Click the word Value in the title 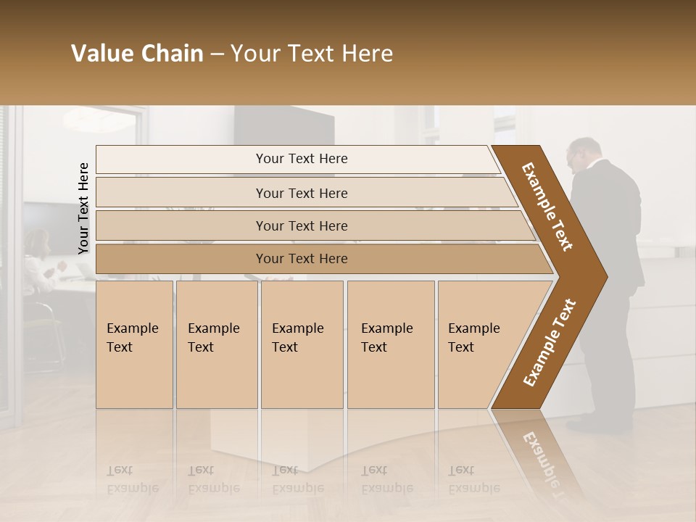click(x=101, y=54)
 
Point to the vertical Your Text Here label click(x=83, y=208)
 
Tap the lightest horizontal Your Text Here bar click(x=301, y=159)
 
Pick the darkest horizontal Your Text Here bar click(x=301, y=259)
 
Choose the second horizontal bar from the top click(x=301, y=193)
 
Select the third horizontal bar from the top click(x=301, y=225)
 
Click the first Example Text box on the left click(x=134, y=344)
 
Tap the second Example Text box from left click(x=216, y=344)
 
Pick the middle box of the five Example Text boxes click(x=301, y=344)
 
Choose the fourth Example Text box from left click(x=390, y=344)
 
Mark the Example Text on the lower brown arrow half click(x=550, y=343)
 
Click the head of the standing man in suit click(x=584, y=153)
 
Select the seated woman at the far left click(x=36, y=261)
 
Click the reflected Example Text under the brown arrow click(x=540, y=457)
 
